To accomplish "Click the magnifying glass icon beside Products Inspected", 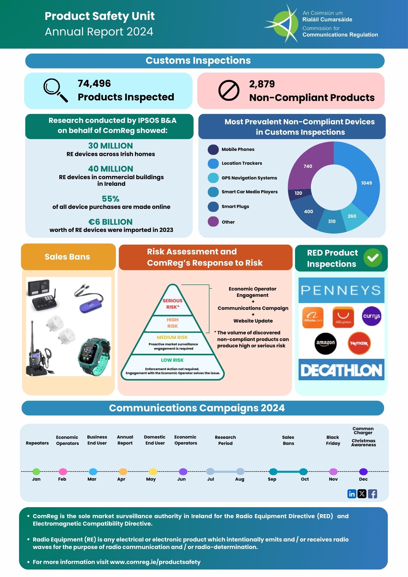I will (55, 90).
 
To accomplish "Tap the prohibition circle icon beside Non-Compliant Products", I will (229, 90).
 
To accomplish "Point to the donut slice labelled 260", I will (352, 216).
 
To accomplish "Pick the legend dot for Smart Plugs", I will (213, 207).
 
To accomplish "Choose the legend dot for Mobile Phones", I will (213, 149).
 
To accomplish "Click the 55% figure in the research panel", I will (111, 199).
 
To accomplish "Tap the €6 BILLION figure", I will (111, 222).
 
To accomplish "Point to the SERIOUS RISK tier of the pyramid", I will (173, 304).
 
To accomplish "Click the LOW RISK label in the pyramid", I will (172, 360).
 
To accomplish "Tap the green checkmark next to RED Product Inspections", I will (373, 258).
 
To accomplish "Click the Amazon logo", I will (325, 343).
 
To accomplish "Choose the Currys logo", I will (371, 316).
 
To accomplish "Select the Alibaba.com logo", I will (313, 317).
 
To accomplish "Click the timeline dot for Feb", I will (63, 471).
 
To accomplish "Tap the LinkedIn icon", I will (352, 494).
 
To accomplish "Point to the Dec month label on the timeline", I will (363, 479).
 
